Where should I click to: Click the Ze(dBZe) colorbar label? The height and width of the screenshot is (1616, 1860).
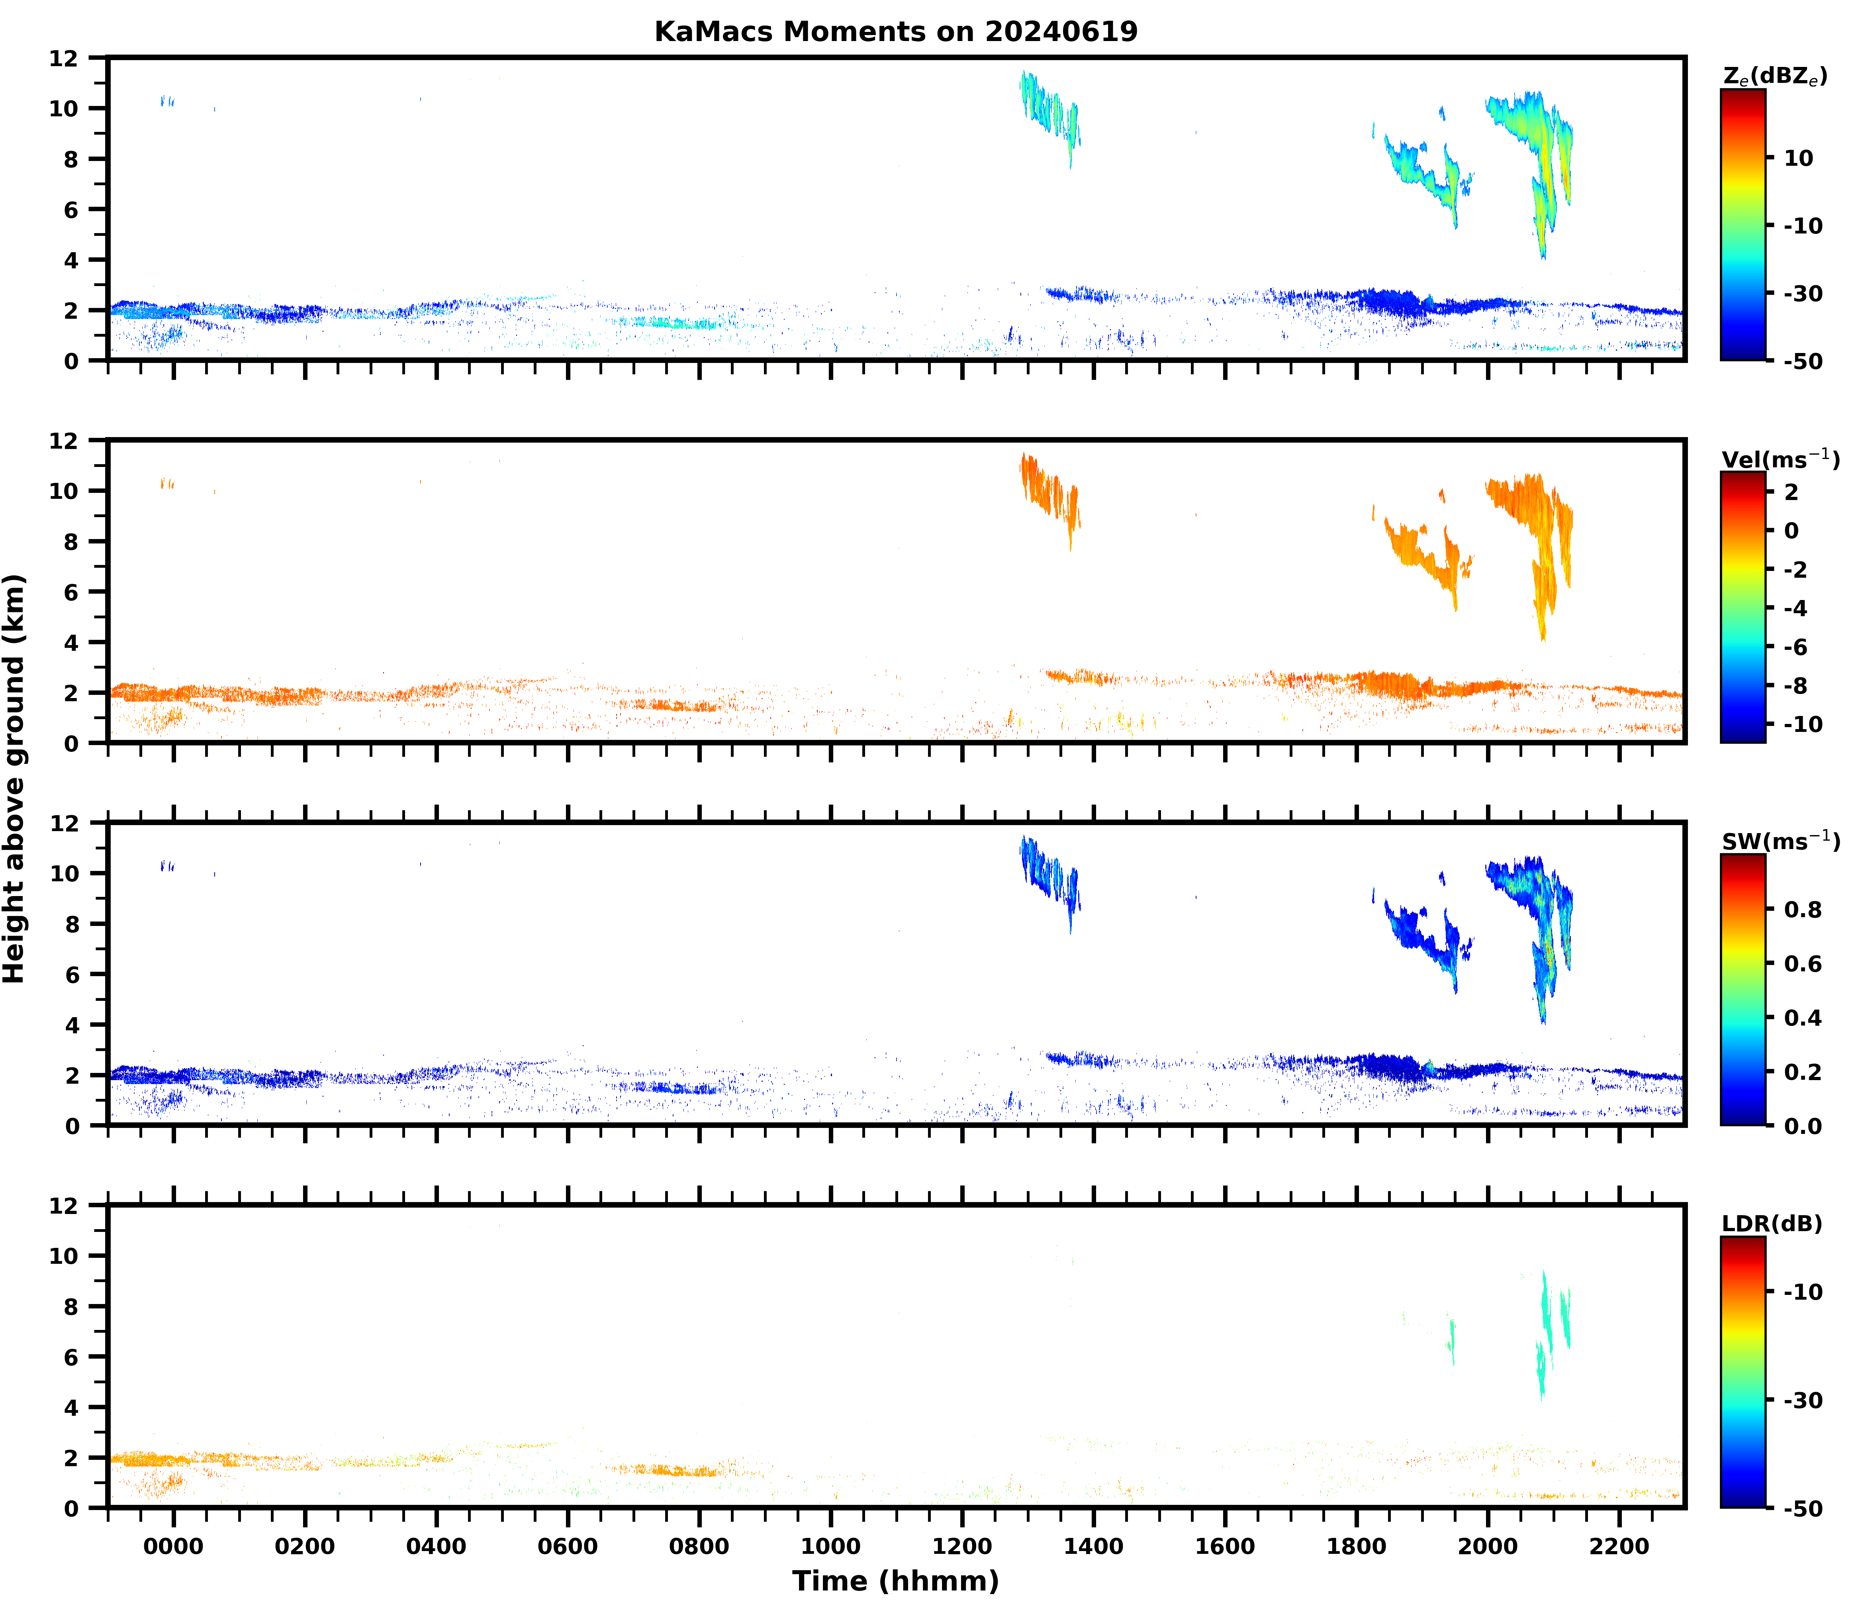tap(1774, 76)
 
